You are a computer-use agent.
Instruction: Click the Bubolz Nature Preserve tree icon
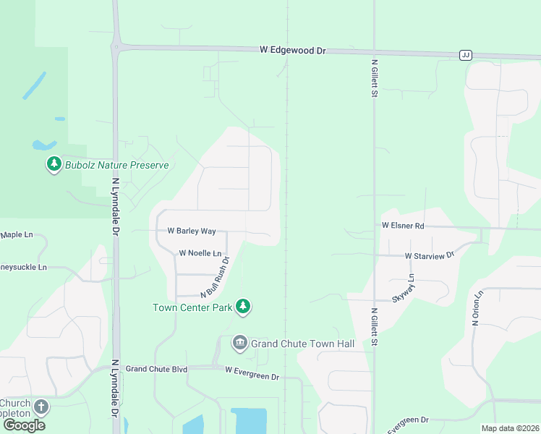[x=54, y=165]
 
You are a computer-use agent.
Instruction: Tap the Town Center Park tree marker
[x=244, y=307]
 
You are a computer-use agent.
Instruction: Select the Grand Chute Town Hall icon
[x=239, y=343]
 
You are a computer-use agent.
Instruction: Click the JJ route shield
[x=465, y=55]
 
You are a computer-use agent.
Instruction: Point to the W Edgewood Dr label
[x=293, y=51]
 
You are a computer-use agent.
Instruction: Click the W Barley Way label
[x=192, y=231]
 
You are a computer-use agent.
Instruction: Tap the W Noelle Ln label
[x=200, y=253]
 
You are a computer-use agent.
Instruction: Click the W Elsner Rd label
[x=403, y=226]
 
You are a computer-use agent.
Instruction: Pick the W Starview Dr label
[x=429, y=256]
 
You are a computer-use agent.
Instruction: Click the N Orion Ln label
[x=477, y=309]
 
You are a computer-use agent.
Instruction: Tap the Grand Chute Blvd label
[x=156, y=369]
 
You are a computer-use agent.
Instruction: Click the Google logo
[x=24, y=425]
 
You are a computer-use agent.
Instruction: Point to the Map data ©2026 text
[x=510, y=428]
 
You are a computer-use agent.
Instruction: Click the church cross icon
[x=41, y=407]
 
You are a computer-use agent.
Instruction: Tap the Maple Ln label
[x=17, y=235]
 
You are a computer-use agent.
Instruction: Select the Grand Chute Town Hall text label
[x=302, y=344]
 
